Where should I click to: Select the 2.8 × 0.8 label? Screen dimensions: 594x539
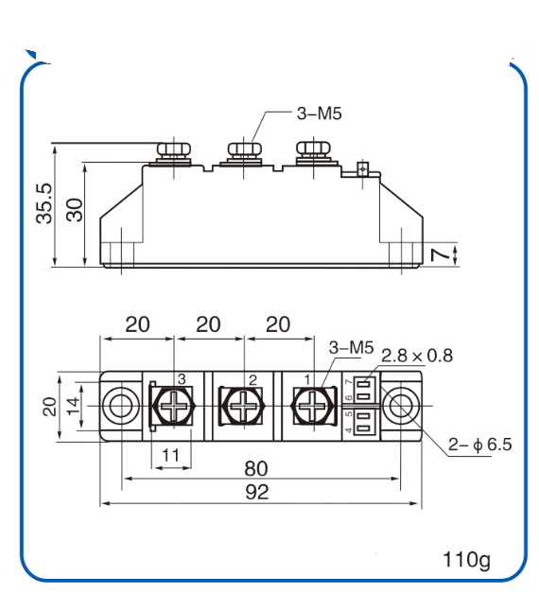click(x=416, y=356)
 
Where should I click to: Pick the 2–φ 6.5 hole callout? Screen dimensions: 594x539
click(x=478, y=444)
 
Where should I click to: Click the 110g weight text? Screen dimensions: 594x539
click(x=466, y=559)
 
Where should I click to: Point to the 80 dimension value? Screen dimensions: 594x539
click(x=256, y=468)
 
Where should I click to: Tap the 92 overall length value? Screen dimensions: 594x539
click(x=256, y=492)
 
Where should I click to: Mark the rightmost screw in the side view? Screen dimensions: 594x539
click(x=312, y=152)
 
